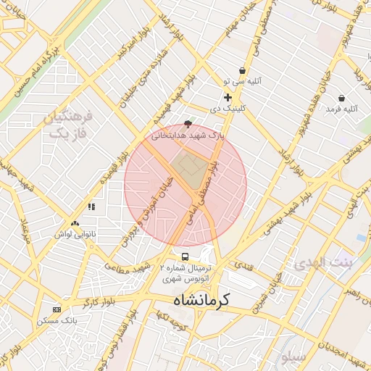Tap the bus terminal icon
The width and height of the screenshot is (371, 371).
click(185, 257)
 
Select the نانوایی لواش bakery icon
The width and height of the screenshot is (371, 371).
click(75, 224)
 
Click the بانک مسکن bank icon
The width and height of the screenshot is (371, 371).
click(57, 309)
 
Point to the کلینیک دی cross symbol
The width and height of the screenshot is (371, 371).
click(228, 97)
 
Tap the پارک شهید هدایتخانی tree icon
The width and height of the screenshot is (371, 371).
click(188, 124)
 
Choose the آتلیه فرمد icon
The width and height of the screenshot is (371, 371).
click(341, 98)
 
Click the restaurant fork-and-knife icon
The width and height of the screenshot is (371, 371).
click(91, 207)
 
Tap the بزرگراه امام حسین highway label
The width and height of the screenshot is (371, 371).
click(36, 70)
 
